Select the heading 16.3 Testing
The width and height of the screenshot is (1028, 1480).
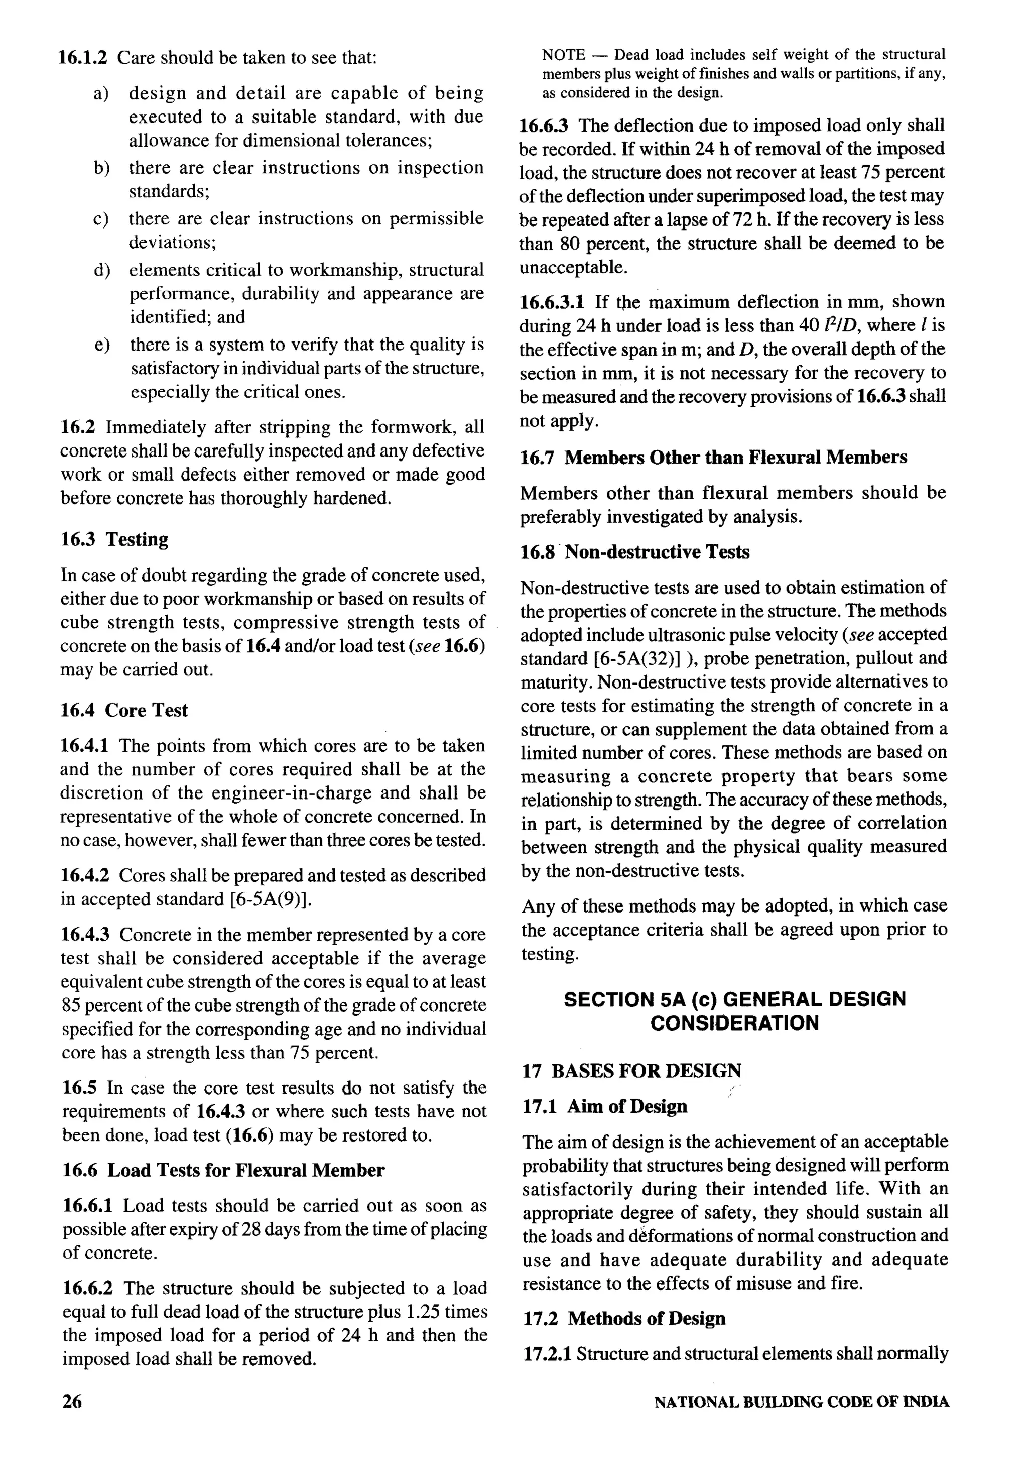(114, 539)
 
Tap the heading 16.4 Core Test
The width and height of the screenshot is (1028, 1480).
(124, 710)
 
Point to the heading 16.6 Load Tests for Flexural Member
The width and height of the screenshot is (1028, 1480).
(223, 1170)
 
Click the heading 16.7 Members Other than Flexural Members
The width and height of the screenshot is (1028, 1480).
(714, 458)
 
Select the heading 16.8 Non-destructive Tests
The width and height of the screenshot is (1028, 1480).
(635, 552)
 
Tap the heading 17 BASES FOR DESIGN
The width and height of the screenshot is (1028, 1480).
(631, 1071)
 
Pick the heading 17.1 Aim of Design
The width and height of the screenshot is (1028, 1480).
(604, 1106)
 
